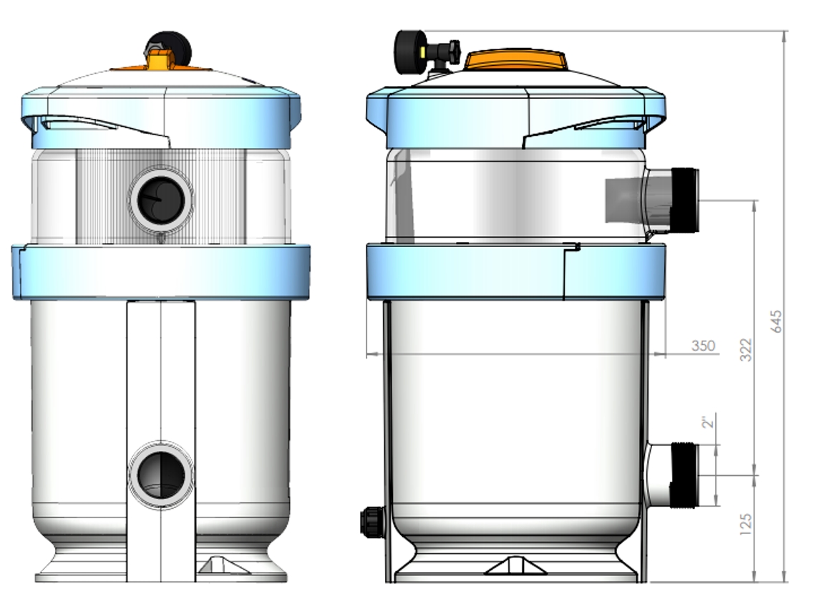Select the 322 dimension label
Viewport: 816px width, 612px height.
coord(747,349)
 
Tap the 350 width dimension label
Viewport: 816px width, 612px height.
coord(704,346)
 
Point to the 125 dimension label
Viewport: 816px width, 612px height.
coord(747,524)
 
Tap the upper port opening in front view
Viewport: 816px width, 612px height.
coord(160,200)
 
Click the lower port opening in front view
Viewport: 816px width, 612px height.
coord(160,475)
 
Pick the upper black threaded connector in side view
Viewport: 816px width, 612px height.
coord(685,200)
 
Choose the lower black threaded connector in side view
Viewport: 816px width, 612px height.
coord(685,475)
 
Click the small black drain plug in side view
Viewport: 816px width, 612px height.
coord(371,522)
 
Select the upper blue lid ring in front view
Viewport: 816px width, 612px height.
coord(160,115)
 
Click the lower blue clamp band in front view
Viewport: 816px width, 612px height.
coord(160,271)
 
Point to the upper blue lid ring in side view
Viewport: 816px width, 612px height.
coord(515,115)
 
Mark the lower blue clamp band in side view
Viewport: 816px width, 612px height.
coord(515,271)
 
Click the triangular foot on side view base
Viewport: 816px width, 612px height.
coord(515,566)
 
